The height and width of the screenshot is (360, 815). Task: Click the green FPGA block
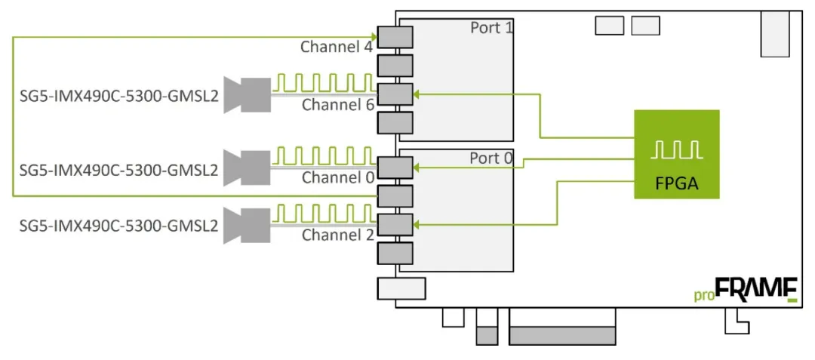pos(676,154)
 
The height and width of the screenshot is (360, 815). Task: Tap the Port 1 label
pos(491,28)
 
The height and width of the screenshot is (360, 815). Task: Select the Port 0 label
pos(491,158)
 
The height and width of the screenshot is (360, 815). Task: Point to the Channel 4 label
pos(337,47)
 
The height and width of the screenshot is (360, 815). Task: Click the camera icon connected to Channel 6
pos(248,94)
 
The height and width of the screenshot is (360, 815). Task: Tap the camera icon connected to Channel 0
pos(248,168)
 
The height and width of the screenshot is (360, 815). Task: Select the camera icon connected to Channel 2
pos(248,224)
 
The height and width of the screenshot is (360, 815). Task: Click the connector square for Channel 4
pos(395,37)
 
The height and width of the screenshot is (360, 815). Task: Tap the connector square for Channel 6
pos(395,94)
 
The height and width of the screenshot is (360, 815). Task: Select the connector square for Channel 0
pos(395,167)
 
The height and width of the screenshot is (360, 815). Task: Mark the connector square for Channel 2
pos(395,224)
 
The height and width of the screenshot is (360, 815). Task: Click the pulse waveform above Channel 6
pos(323,82)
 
